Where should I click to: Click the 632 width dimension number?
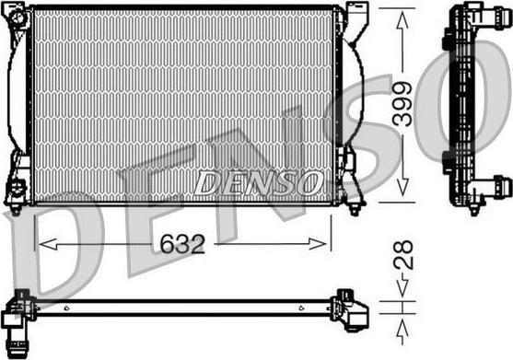click(182, 244)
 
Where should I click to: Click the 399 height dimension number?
click(402, 104)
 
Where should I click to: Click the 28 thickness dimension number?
click(403, 255)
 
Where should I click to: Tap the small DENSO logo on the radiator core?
click(257, 183)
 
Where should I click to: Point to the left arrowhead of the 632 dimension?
click(48, 244)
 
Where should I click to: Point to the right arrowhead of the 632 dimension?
click(318, 244)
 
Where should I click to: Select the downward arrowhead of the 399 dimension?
click(402, 186)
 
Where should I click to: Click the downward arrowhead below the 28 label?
click(402, 288)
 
